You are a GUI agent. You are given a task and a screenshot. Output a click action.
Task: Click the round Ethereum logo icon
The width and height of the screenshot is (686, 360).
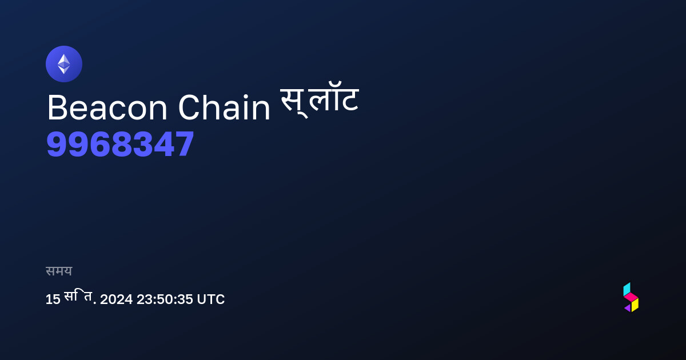click(64, 64)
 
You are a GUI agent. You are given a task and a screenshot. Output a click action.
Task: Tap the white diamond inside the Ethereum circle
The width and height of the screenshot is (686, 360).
click(64, 64)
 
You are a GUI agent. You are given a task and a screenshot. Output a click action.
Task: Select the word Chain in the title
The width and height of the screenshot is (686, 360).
click(224, 107)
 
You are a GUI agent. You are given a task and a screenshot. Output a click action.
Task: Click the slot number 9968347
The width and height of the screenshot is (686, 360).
click(120, 143)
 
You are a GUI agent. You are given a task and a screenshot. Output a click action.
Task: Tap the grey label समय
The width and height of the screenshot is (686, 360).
click(59, 271)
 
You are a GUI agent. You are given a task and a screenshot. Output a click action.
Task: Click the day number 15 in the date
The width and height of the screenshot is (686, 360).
click(53, 299)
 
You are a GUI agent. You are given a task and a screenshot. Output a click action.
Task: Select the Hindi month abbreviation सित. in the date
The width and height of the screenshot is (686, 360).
click(80, 297)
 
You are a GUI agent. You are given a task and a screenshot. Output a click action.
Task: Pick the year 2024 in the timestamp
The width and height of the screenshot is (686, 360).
click(117, 299)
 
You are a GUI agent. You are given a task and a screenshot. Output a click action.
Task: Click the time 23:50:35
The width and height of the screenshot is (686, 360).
click(165, 299)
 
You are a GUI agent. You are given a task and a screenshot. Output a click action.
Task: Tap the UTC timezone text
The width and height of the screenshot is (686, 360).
click(211, 299)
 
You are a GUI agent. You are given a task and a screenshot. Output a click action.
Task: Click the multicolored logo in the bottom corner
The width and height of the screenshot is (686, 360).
click(631, 297)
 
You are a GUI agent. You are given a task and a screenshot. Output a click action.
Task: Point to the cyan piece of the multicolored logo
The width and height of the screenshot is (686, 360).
click(627, 289)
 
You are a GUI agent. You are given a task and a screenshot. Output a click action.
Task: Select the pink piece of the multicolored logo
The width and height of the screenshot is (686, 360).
click(631, 297)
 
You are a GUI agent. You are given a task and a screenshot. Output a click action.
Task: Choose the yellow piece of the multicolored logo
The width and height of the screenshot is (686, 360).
click(635, 305)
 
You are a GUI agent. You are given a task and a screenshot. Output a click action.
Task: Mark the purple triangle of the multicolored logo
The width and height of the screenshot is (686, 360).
click(628, 308)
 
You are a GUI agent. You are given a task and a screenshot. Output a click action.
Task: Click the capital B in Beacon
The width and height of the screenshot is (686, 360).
click(57, 108)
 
